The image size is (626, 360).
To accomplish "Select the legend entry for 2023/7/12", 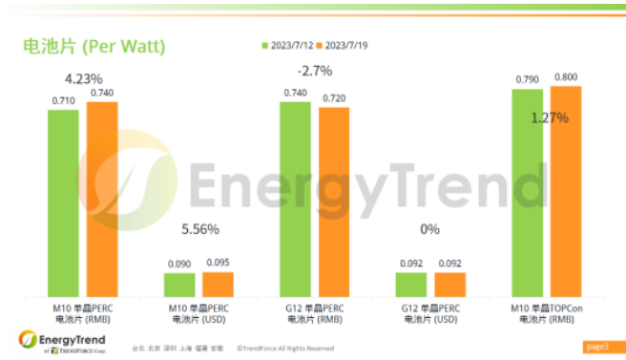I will click(x=290, y=44).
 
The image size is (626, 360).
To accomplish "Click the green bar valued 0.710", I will click(x=63, y=201).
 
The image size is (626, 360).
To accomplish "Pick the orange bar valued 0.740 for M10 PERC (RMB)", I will click(x=101, y=198).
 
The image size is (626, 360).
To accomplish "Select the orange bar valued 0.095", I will click(x=218, y=284).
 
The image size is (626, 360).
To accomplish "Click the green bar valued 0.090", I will click(x=179, y=285).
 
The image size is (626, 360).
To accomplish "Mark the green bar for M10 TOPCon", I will click(x=527, y=191).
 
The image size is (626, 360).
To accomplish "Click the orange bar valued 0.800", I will click(x=565, y=190).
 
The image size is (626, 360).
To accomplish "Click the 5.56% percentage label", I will click(x=200, y=229).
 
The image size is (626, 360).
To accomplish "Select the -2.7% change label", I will click(x=315, y=72).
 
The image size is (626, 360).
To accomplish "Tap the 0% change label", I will click(x=429, y=229).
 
